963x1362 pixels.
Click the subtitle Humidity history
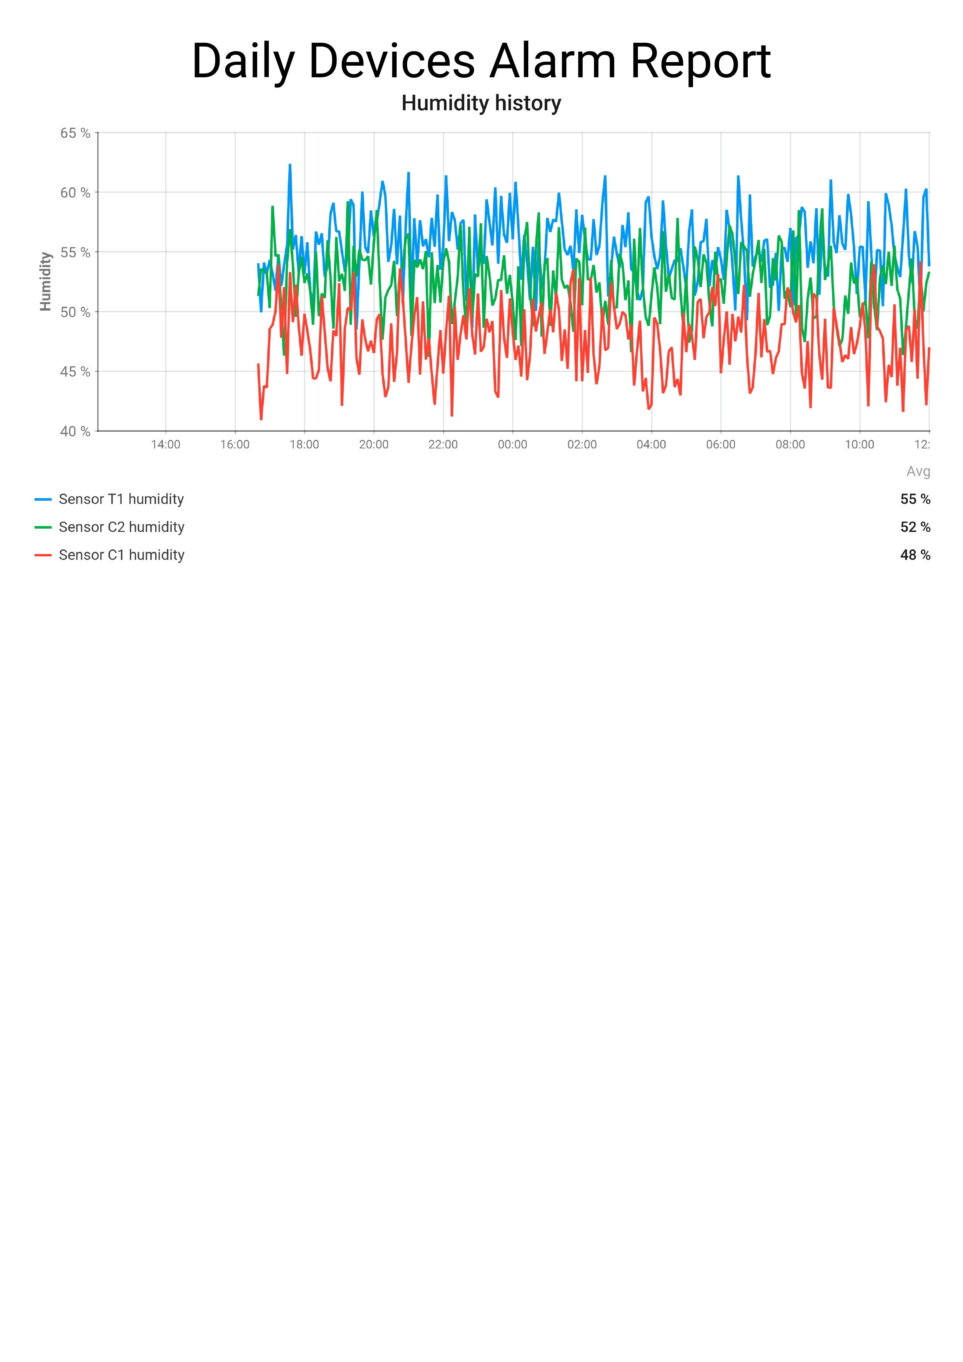pos(481,103)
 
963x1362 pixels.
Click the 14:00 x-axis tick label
pos(165,444)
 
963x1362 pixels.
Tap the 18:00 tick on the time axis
pos(305,444)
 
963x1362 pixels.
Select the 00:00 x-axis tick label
pos(513,444)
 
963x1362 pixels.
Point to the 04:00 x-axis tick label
pos(651,444)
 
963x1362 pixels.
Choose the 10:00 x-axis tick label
pos(860,444)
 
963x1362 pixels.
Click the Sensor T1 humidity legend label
pos(121,499)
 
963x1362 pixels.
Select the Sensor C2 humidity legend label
pos(122,527)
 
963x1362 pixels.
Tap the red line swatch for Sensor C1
pos(43,555)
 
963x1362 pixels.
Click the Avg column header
pos(918,472)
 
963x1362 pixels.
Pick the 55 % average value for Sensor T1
pos(915,499)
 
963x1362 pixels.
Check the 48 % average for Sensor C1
pos(915,555)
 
